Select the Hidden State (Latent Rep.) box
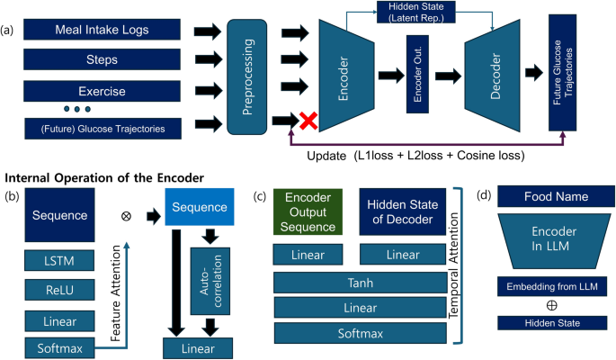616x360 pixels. click(x=421, y=13)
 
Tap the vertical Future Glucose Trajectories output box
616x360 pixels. click(x=562, y=76)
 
